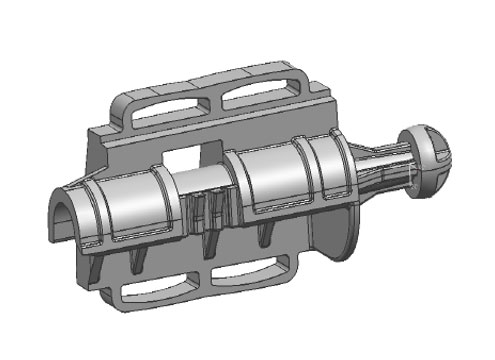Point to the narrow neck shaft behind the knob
coord(385,170)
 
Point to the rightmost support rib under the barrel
coord(264,235)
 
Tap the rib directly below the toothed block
coord(209,246)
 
